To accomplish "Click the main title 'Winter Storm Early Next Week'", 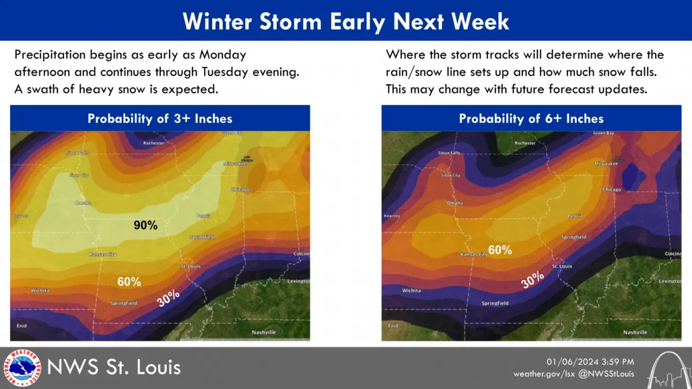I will point(346,21).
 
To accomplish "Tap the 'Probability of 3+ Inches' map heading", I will point(160,119).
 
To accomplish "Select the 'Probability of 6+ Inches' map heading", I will point(531,119).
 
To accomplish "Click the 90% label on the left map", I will point(145,225).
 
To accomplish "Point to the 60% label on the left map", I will point(129,281).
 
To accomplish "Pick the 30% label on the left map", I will point(169,297).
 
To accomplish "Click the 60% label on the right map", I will point(500,250).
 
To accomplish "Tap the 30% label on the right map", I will point(532,280).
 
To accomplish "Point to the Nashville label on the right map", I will point(635,333).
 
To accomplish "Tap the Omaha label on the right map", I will point(454,203).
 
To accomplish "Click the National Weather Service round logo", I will point(22,368).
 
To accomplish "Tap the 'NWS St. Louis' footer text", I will point(114,367).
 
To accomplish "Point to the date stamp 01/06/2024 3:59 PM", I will point(590,361).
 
